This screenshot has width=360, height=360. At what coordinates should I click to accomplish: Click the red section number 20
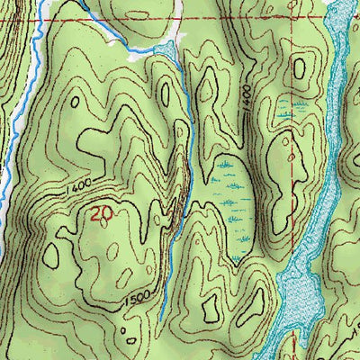[x=102, y=214]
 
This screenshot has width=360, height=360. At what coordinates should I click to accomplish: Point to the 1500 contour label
[x=138, y=298]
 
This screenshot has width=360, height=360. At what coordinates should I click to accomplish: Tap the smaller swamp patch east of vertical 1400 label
[x=286, y=112]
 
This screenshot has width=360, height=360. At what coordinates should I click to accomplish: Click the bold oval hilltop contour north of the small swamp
[x=300, y=67]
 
